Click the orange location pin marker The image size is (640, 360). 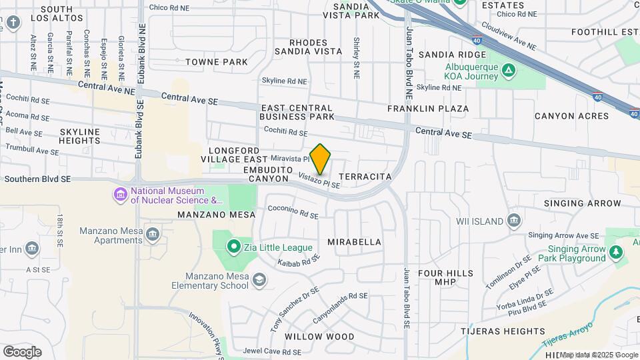(321, 159)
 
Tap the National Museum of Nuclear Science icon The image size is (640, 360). (121, 195)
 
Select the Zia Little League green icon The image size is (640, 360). (233, 248)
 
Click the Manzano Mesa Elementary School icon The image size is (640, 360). (259, 281)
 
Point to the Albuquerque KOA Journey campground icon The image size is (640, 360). (508, 69)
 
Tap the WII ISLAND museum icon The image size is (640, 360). (513, 221)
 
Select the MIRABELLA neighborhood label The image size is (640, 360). (355, 242)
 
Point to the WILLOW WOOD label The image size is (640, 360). (319, 337)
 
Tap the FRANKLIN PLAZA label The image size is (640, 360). (428, 108)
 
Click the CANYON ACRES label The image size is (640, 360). (571, 116)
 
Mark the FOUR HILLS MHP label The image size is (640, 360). (445, 278)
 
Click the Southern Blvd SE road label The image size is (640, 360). (37, 179)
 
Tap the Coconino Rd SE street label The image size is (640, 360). (293, 211)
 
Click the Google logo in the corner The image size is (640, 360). (22, 351)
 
